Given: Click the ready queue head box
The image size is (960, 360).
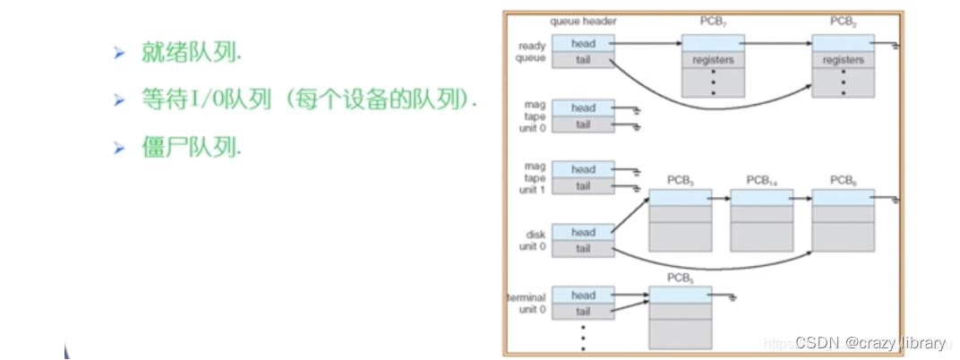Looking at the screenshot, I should click(583, 43).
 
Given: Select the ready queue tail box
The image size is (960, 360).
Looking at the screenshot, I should click(583, 59).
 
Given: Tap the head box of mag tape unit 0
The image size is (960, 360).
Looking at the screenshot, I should click(583, 108).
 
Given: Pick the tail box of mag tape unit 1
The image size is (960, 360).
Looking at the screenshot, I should click(583, 186).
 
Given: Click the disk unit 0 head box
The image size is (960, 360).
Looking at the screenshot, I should click(583, 232).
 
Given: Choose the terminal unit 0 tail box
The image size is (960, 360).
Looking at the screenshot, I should click(583, 311).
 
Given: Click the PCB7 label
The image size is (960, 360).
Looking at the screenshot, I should click(714, 21).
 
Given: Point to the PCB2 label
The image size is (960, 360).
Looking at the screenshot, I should click(843, 21).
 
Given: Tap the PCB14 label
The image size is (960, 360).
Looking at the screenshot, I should click(762, 180).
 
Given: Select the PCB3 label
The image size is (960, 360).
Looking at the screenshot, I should click(681, 180).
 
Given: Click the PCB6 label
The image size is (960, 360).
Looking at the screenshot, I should click(843, 180).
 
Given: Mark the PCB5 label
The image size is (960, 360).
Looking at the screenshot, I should click(681, 279).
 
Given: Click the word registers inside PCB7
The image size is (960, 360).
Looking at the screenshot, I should click(714, 60).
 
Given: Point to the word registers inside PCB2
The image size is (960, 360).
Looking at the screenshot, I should click(843, 60).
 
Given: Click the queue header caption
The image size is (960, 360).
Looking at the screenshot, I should click(584, 21).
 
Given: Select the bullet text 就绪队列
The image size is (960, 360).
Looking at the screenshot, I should click(191, 53).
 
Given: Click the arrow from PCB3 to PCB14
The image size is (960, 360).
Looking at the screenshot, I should click(722, 197).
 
